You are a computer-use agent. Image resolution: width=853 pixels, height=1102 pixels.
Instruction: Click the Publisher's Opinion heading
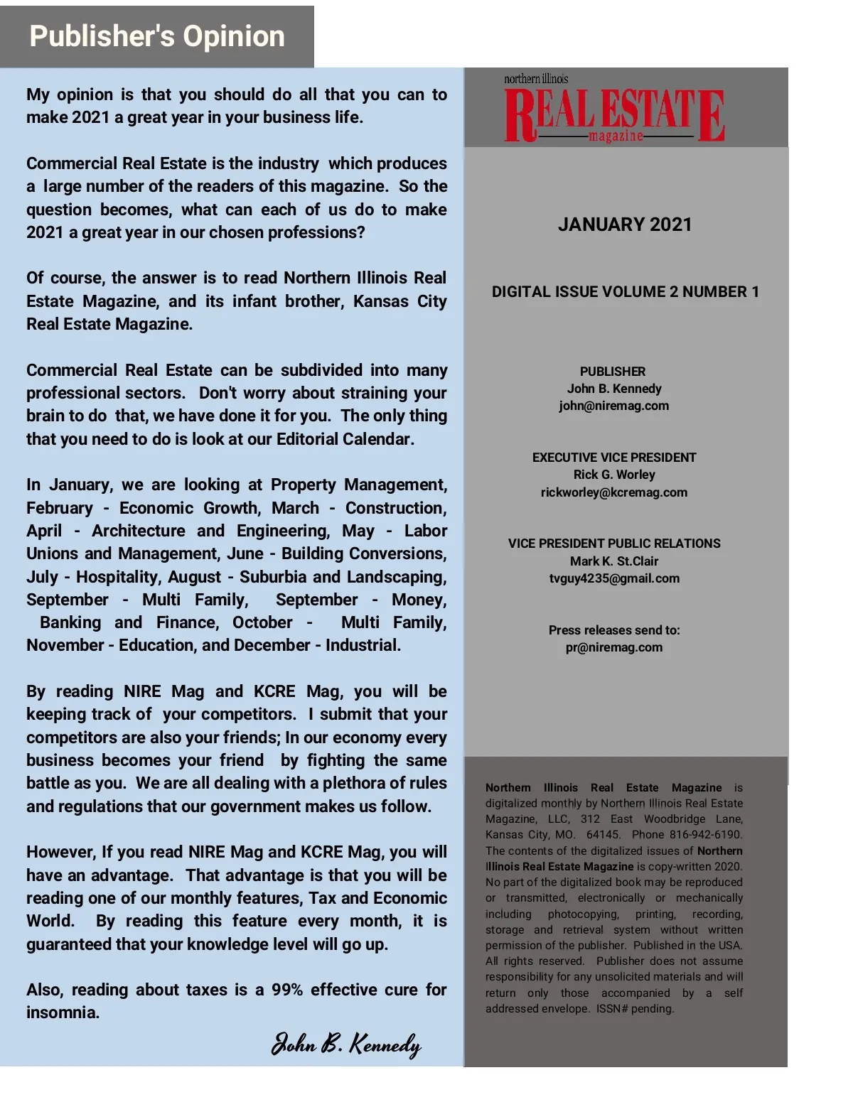tap(156, 36)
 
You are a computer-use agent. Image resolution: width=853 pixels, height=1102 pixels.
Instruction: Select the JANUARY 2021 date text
tap(625, 225)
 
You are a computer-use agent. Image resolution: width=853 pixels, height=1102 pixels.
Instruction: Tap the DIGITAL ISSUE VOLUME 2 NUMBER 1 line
tap(626, 292)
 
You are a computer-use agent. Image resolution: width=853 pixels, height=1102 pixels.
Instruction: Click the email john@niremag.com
tap(613, 406)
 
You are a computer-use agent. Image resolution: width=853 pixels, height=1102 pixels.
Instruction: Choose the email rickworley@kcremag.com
tap(613, 492)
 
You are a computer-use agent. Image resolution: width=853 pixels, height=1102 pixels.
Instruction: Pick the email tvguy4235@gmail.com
tap(614, 578)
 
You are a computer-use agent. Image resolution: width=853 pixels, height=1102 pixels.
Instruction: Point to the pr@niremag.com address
tap(613, 647)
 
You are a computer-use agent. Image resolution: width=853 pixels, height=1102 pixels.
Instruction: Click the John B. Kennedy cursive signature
tap(346, 1044)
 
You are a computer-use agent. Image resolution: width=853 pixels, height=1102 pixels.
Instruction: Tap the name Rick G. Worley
tap(614, 475)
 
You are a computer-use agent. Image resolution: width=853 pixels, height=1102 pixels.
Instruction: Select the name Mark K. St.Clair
tap(614, 561)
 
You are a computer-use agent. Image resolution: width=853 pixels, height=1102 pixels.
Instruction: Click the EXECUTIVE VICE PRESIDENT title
tap(614, 458)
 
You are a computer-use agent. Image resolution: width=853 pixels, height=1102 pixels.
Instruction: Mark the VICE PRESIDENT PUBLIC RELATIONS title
tap(614, 544)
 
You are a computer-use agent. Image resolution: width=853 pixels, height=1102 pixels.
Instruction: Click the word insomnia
tap(63, 1012)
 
